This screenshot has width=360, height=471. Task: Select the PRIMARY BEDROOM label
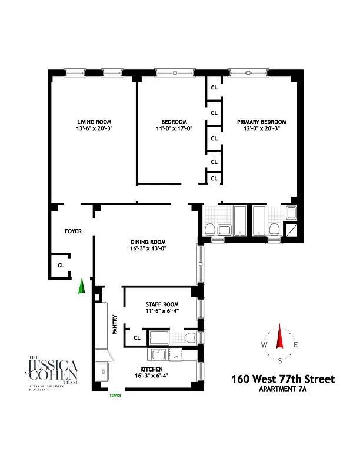[x=262, y=122]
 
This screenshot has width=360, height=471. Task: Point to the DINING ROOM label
[x=148, y=242]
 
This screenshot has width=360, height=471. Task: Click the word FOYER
[x=73, y=231]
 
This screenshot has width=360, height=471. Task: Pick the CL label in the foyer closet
[x=61, y=266]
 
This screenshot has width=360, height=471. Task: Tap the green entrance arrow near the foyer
[x=82, y=286]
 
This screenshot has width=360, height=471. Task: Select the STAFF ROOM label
[x=161, y=304]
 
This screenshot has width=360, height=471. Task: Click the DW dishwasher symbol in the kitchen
[x=175, y=357]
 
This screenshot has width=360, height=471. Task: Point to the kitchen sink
[x=157, y=356]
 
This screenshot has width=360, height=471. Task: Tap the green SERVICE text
[x=115, y=396]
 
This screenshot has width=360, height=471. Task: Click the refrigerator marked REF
[x=104, y=371]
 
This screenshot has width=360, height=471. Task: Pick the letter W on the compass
[x=265, y=345]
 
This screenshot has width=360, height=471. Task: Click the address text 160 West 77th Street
[x=282, y=379]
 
